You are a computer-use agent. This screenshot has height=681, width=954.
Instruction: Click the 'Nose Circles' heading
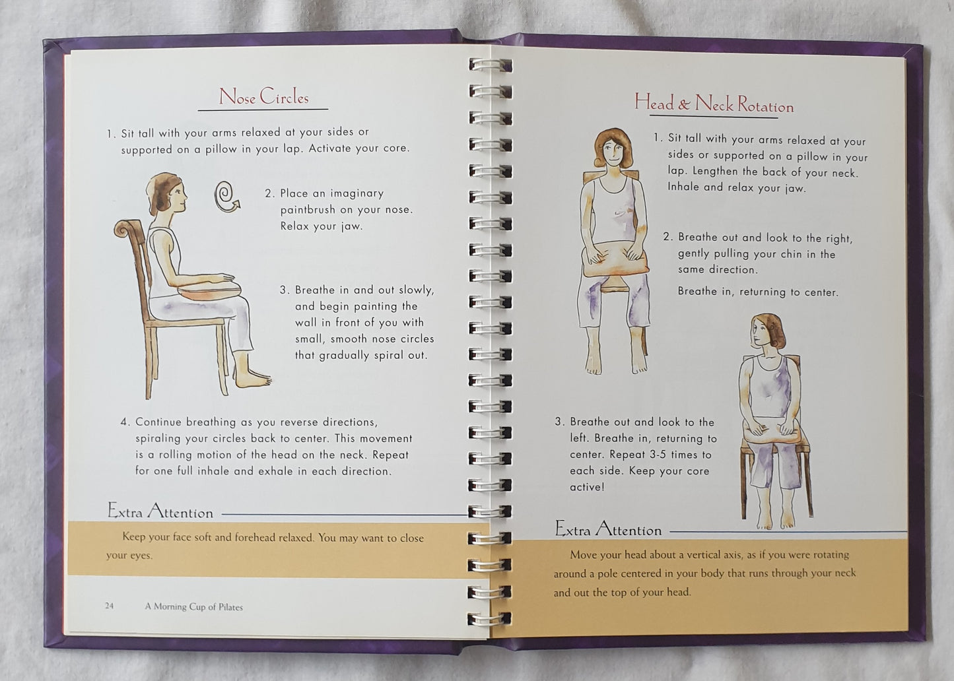(263, 96)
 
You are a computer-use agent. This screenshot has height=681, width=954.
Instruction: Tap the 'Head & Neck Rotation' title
(714, 104)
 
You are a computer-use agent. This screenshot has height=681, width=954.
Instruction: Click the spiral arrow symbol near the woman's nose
(226, 197)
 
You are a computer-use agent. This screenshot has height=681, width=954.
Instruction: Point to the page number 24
(110, 606)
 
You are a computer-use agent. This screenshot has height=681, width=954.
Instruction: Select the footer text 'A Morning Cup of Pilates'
(194, 606)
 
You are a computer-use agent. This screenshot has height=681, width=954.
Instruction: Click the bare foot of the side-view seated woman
(252, 378)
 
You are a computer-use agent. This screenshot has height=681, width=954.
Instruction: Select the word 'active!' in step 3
(587, 487)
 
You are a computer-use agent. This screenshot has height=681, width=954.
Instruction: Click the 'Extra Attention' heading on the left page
(160, 510)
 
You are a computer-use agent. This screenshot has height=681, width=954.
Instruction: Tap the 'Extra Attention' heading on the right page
(608, 529)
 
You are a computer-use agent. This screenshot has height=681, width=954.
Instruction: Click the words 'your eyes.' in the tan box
(129, 555)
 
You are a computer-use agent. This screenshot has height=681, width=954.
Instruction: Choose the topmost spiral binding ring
(490, 65)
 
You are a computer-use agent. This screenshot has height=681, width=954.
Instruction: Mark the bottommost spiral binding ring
(489, 618)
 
